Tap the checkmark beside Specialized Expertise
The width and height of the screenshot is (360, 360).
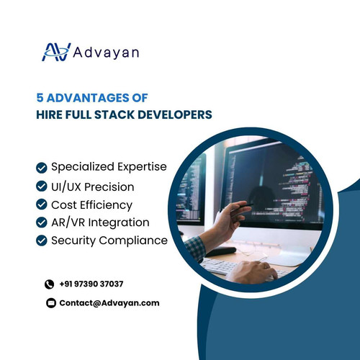42,168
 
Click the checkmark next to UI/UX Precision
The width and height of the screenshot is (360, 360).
42,186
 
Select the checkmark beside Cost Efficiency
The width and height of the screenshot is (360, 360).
42,204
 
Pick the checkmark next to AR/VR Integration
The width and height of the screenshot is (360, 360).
42,222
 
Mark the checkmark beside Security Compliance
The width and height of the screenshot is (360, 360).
42,240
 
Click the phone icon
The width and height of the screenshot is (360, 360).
50,284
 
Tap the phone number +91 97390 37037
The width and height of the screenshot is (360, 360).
91,284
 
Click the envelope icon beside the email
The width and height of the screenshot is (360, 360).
50,303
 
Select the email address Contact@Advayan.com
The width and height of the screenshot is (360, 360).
109,303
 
